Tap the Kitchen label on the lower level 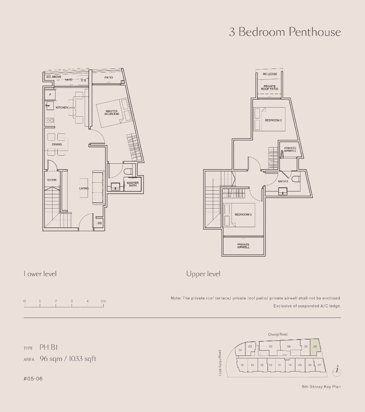pyautogui.click(x=62, y=108)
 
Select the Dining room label pyautogui.click(x=57, y=144)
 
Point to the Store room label pyautogui.click(x=51, y=180)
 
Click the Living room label pyautogui.click(x=84, y=188)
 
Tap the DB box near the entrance pyautogui.click(x=99, y=223)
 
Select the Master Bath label pyautogui.click(x=132, y=184)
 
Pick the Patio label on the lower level pyautogui.click(x=108, y=77)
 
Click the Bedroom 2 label pyautogui.click(x=273, y=120)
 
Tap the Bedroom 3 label pyautogui.click(x=243, y=214)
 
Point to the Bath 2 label pyautogui.click(x=283, y=181)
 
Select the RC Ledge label pyautogui.click(x=270, y=74)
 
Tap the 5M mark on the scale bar pyautogui.click(x=103, y=301)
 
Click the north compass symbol pyautogui.click(x=338, y=371)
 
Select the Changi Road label pyautogui.click(x=278, y=334)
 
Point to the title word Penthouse pyautogui.click(x=315, y=32)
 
